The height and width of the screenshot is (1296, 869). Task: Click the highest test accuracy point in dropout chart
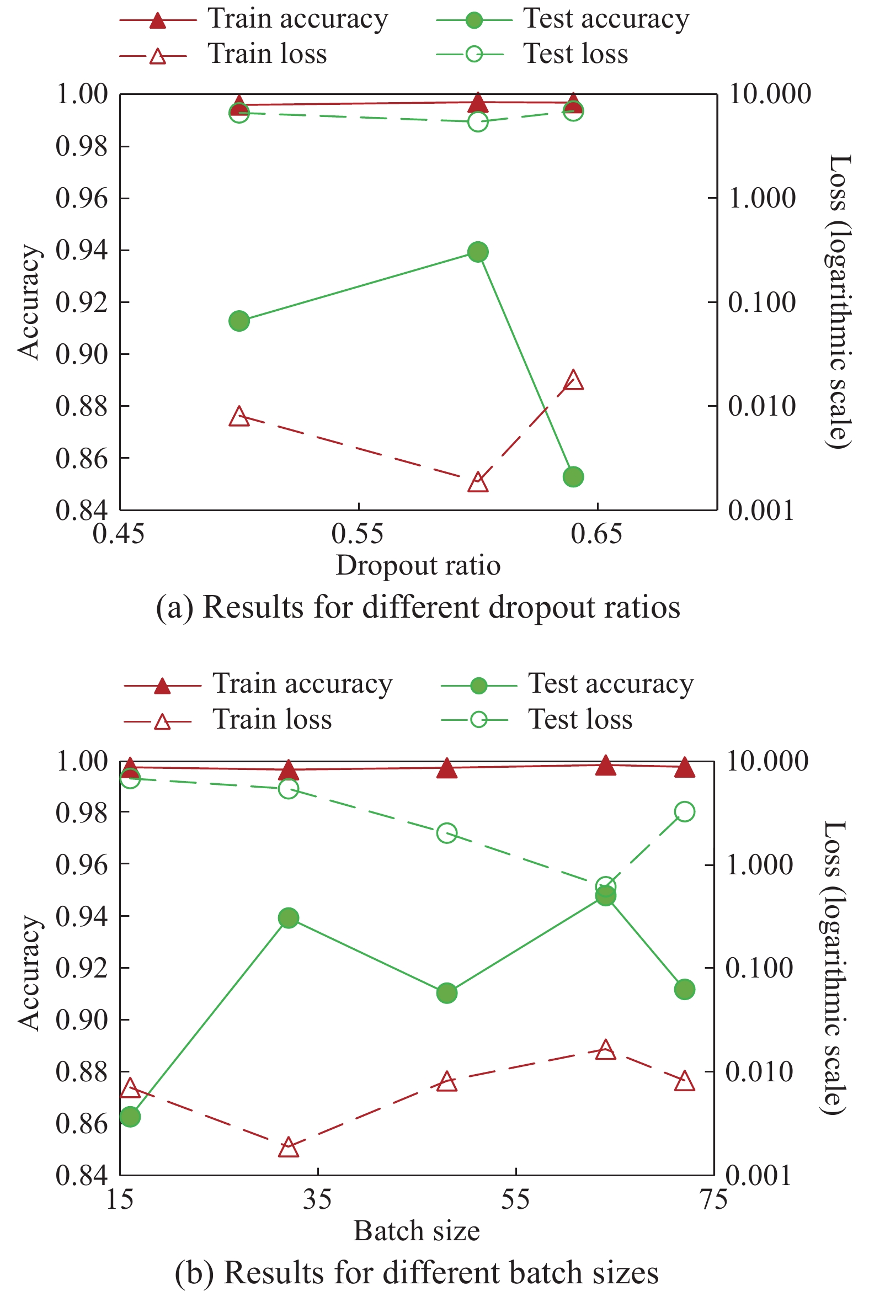[x=478, y=252]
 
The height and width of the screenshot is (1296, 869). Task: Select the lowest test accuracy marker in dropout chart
[x=573, y=477]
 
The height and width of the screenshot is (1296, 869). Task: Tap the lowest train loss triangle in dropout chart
[x=478, y=483]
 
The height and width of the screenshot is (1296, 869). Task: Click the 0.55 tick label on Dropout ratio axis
[x=358, y=534]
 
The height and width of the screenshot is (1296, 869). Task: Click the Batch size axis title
[x=417, y=1230]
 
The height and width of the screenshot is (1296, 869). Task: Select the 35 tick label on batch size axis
[x=317, y=1200]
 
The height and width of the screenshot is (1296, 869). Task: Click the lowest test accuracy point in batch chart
[x=130, y=1116]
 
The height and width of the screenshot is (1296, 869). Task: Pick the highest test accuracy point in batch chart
[x=606, y=896]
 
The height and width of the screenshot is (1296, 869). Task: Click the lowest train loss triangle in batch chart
[x=289, y=1147]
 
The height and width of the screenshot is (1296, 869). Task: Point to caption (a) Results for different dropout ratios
[x=418, y=607]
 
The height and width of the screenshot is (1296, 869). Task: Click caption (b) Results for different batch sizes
[x=417, y=1272]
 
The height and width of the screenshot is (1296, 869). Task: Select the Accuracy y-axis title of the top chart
[x=29, y=302]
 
